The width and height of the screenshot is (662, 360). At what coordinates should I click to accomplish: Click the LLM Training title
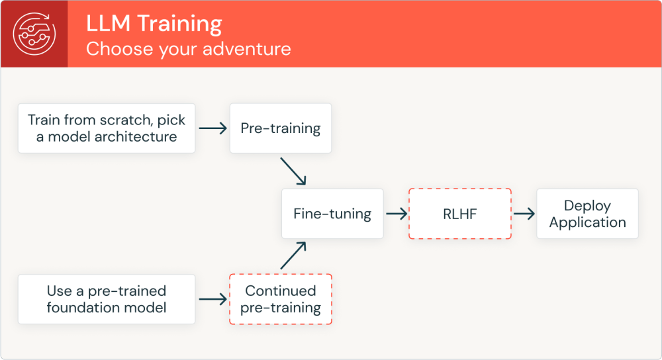tap(154, 23)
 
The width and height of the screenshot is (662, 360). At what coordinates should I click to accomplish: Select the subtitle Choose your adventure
tap(188, 49)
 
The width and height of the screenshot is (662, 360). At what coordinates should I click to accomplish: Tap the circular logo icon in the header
tap(34, 34)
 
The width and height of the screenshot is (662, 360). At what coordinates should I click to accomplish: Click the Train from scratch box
tap(107, 128)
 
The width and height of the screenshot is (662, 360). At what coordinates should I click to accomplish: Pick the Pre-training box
tap(280, 128)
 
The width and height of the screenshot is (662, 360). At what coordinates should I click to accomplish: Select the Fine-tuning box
tap(332, 214)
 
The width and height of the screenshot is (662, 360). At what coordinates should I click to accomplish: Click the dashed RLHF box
tap(459, 214)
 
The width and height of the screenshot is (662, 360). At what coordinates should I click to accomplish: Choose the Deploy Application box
tap(587, 214)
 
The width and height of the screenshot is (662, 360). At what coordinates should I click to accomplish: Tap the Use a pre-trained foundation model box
tap(107, 299)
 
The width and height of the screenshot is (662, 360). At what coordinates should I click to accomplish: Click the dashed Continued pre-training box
tap(280, 299)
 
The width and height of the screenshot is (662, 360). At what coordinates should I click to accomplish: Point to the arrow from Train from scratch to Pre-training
tap(213, 128)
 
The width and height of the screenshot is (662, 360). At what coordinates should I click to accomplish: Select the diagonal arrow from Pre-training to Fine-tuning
tap(293, 171)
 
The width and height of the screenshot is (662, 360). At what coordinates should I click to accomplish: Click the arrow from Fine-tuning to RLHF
tap(396, 214)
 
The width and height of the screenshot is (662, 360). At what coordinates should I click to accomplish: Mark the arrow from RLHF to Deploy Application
tap(523, 214)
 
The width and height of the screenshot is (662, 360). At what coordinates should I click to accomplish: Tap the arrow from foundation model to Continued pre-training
tap(213, 300)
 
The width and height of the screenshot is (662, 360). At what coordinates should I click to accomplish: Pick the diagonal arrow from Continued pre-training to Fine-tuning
tap(293, 255)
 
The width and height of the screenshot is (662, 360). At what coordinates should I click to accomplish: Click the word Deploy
tap(587, 206)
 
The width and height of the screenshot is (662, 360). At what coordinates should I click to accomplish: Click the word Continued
tap(280, 291)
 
